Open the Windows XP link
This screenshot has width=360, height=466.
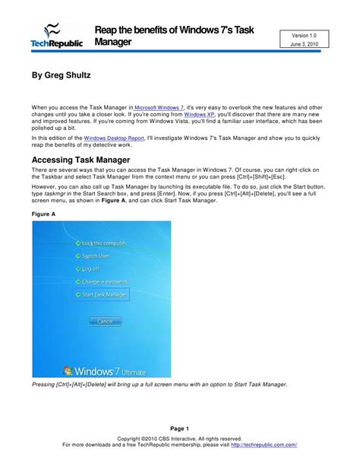pyautogui.click(x=198, y=116)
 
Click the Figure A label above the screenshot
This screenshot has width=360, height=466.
pyautogui.click(x=44, y=215)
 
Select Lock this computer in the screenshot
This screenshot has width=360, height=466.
pyautogui.click(x=103, y=243)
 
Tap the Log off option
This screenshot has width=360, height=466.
pyautogui.click(x=87, y=268)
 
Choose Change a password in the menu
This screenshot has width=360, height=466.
pyautogui.click(x=103, y=281)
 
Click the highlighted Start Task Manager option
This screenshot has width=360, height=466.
pyautogui.click(x=103, y=293)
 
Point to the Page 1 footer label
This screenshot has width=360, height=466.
pyautogui.click(x=179, y=429)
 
